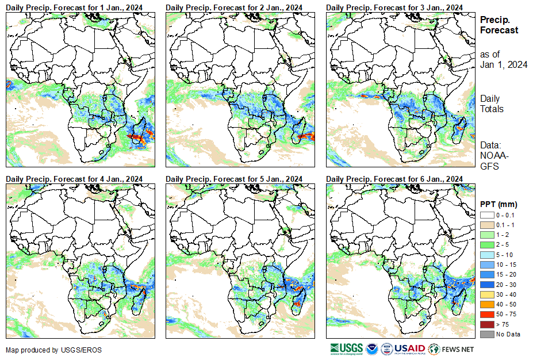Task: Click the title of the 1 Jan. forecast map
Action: click(x=74, y=6)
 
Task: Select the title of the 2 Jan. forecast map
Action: click(x=234, y=6)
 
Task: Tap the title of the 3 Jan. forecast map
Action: click(x=394, y=6)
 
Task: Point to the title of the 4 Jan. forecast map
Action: click(x=74, y=179)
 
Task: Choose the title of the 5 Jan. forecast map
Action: click(x=234, y=179)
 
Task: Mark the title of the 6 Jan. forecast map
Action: click(x=394, y=179)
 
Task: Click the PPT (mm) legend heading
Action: click(x=499, y=204)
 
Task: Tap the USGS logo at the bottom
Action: click(x=347, y=348)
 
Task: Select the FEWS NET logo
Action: click(x=452, y=348)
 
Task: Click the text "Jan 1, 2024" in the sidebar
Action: click(x=504, y=64)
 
